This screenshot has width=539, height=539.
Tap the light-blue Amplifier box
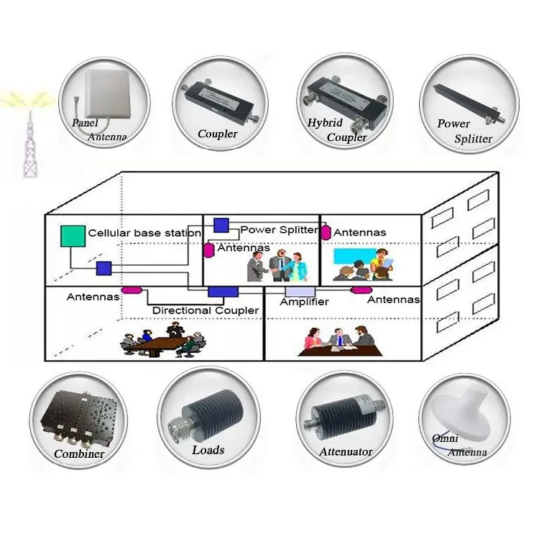299,290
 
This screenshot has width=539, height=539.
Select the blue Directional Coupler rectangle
223,290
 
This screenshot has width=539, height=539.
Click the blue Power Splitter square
221,226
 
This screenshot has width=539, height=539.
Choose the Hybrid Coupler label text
336,130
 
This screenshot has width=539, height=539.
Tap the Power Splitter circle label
464,132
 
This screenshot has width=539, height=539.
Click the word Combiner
79,454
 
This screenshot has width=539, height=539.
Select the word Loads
208,451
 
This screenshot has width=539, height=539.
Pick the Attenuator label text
346,452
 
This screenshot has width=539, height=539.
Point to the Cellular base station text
144,234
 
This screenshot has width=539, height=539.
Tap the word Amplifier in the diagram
304,302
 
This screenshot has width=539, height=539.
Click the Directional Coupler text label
206,310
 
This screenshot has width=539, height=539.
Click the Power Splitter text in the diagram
278,230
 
